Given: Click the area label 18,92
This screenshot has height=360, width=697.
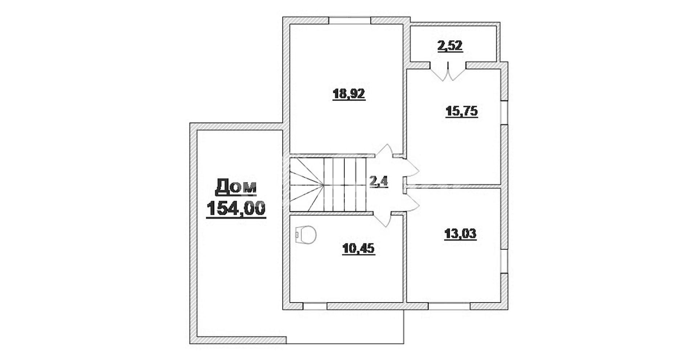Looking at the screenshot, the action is (x=349, y=94).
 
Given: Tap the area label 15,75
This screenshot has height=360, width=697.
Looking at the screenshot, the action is (x=461, y=111).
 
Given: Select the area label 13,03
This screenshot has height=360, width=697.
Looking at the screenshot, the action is (x=460, y=234).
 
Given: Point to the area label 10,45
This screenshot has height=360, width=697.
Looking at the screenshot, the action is (x=359, y=249).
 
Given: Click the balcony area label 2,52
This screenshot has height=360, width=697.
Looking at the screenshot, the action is (x=450, y=46).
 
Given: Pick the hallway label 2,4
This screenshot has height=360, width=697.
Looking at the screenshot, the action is (x=379, y=181).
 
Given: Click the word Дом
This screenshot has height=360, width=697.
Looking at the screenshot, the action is (x=236, y=187).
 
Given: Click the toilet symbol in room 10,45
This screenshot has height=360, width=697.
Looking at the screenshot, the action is (x=306, y=235).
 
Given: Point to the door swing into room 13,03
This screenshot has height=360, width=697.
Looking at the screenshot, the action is (x=412, y=202).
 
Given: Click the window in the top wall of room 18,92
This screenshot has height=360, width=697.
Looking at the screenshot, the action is (x=350, y=20).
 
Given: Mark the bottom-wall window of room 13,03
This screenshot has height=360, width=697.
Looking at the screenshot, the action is (x=449, y=306).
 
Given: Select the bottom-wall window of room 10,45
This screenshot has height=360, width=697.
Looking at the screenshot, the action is (x=315, y=306).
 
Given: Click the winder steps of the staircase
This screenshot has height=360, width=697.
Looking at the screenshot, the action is (x=307, y=184).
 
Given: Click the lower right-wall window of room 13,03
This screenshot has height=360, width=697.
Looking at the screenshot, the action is (x=504, y=261).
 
